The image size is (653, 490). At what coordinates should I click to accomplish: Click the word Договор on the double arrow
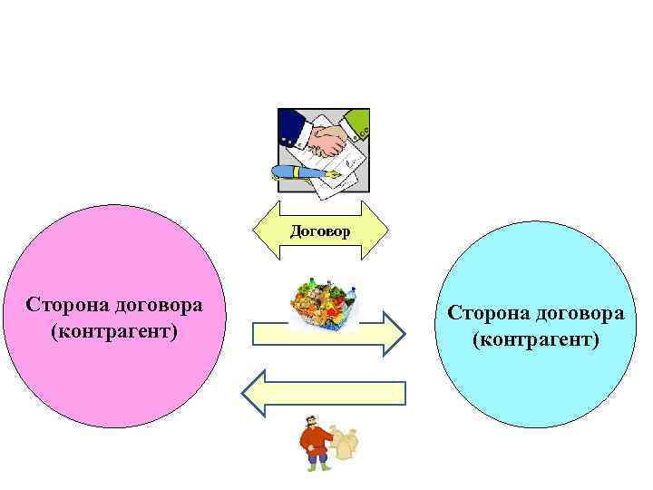pos(319,231)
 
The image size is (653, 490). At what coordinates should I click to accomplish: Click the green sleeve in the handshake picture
pos(360,121)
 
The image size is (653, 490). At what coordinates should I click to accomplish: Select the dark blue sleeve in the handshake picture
pos(290,124)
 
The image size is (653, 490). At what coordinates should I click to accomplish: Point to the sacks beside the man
pos(345,443)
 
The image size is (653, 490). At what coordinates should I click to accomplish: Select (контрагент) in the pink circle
pos(114,328)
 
